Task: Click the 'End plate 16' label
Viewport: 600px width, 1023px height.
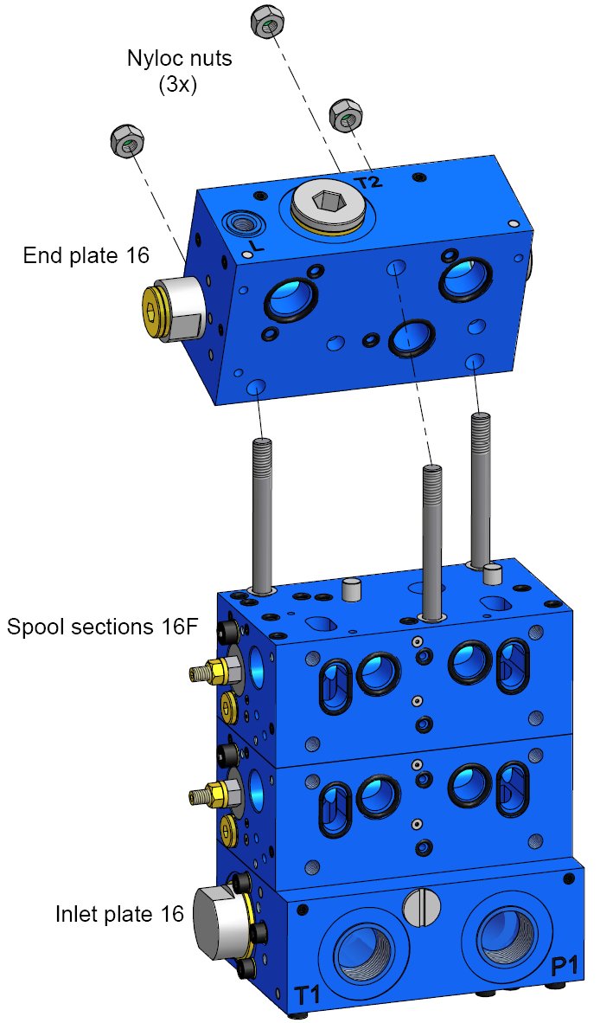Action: [x=86, y=255]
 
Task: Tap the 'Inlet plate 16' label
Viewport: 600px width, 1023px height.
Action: [x=120, y=914]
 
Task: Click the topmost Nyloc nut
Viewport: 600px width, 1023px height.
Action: [x=266, y=22]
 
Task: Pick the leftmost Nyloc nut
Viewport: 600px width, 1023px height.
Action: [x=127, y=141]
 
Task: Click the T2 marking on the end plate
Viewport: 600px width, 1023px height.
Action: [x=368, y=181]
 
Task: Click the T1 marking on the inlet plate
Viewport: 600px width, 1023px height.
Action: [x=308, y=994]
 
